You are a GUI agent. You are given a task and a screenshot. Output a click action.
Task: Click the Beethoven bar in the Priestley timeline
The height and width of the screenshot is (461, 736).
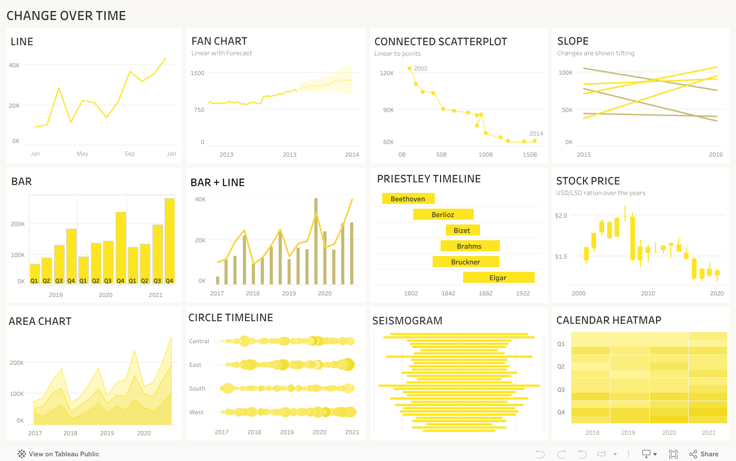[x=408, y=199]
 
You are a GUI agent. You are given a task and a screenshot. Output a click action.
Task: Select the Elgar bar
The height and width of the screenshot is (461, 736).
[x=498, y=278]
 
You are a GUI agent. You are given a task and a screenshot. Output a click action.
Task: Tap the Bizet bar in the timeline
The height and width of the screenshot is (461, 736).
[x=462, y=230]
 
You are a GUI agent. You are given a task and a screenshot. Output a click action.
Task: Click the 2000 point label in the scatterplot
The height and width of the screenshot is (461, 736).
[x=421, y=68]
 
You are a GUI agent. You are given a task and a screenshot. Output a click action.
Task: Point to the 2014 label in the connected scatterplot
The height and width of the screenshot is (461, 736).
[x=536, y=134]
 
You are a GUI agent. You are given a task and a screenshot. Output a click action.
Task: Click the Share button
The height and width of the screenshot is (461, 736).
[x=704, y=454]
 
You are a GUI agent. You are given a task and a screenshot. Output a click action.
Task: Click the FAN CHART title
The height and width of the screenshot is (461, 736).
[x=219, y=41]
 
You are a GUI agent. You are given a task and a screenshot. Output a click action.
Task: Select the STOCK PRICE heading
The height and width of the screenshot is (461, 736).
[x=588, y=181]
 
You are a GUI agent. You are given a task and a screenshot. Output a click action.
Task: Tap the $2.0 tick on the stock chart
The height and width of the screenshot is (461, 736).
[x=561, y=216]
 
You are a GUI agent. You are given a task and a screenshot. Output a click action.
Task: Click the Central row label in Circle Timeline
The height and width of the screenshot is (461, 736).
[x=199, y=341]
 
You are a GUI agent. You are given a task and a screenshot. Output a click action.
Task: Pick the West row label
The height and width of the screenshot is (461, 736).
[x=196, y=412]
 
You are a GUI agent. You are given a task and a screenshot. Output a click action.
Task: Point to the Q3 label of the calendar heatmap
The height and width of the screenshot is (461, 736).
[x=561, y=390]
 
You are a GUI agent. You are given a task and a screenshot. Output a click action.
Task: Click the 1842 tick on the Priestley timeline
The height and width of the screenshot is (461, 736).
[x=448, y=293]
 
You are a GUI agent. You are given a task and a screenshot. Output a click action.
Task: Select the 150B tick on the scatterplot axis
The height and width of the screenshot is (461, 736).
[x=529, y=155]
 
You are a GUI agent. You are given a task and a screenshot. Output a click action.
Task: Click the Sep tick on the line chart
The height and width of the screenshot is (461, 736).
[x=130, y=153]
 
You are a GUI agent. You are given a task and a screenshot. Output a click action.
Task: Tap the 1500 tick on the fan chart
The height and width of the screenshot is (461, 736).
[x=198, y=73]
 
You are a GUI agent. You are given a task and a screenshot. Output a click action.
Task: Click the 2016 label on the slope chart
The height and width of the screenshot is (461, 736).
[x=715, y=155]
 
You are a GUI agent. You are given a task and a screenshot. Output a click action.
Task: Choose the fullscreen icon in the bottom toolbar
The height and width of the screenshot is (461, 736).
[x=673, y=454]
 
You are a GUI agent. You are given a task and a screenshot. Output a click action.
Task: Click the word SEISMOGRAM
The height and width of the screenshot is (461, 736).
[x=407, y=321]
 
